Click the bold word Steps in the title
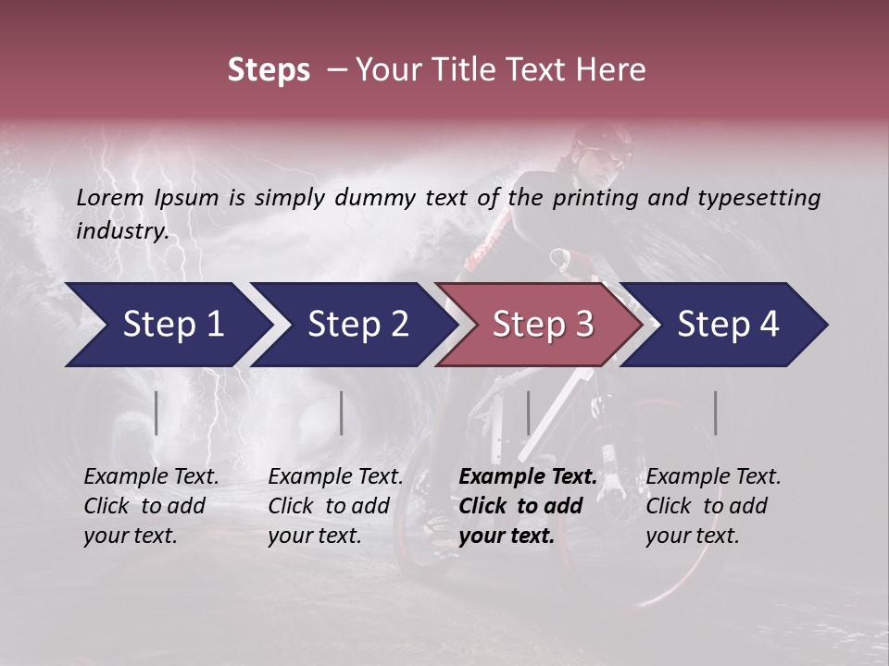[x=269, y=70]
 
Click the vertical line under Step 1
[x=157, y=413]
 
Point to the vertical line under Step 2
[x=342, y=413]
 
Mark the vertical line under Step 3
[x=528, y=413]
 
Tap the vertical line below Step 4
[x=716, y=413]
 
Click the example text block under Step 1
[x=151, y=506]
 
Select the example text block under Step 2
[x=335, y=506]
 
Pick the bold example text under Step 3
[x=528, y=506]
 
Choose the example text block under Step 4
[x=713, y=506]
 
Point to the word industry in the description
[x=121, y=231]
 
